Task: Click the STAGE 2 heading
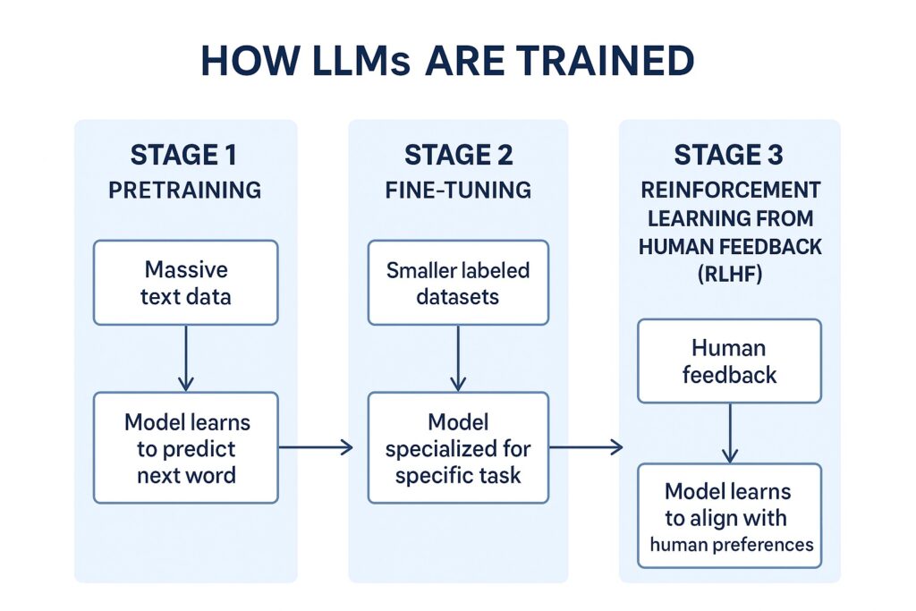click(458, 155)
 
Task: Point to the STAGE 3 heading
click(729, 155)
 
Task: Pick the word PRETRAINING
click(184, 190)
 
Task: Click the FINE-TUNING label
click(458, 190)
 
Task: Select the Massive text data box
click(186, 282)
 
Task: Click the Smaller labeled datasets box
click(458, 282)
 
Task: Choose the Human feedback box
click(729, 361)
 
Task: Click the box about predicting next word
click(186, 447)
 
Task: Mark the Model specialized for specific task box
click(458, 447)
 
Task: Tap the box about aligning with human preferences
click(729, 515)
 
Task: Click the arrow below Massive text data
click(186, 358)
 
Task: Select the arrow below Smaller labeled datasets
click(458, 358)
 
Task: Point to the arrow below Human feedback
click(729, 432)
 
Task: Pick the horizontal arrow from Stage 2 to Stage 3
click(586, 447)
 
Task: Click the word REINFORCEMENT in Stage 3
click(729, 191)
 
